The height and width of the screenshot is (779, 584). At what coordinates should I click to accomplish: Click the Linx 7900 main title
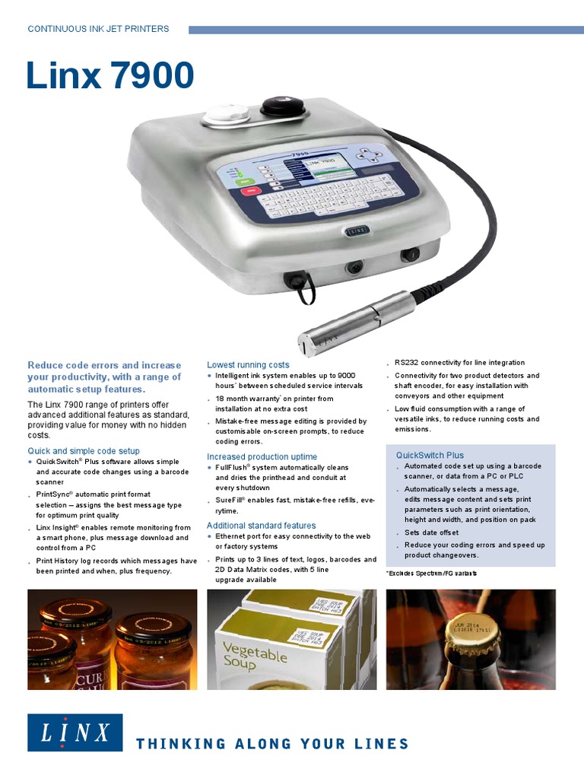tap(110, 76)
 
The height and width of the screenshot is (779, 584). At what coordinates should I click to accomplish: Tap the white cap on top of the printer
tap(227, 113)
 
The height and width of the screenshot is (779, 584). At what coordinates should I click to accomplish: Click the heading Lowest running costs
tap(248, 365)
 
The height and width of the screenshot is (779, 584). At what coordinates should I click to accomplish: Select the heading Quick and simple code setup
tap(84, 451)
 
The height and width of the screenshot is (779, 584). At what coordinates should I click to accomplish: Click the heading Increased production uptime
tap(262, 456)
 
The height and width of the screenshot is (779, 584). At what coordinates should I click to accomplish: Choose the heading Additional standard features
tap(261, 526)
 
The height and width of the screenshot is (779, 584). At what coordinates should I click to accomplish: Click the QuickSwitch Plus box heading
tap(430, 455)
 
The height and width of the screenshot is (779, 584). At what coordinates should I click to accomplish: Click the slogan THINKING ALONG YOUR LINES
tap(271, 743)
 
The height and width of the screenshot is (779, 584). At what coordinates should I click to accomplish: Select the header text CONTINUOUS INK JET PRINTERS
tap(98, 29)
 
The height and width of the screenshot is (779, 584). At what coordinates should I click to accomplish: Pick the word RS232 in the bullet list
tap(407, 363)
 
